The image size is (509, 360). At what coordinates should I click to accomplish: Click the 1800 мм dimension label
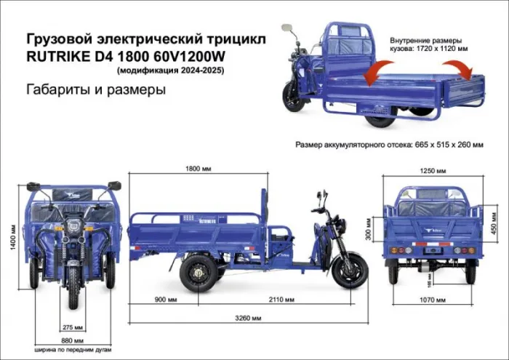click(197, 168)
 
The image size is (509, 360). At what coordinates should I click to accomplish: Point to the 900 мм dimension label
click(164, 299)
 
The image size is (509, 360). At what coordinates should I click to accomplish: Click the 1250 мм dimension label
click(432, 172)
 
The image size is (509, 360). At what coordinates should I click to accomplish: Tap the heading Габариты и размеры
click(96, 90)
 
